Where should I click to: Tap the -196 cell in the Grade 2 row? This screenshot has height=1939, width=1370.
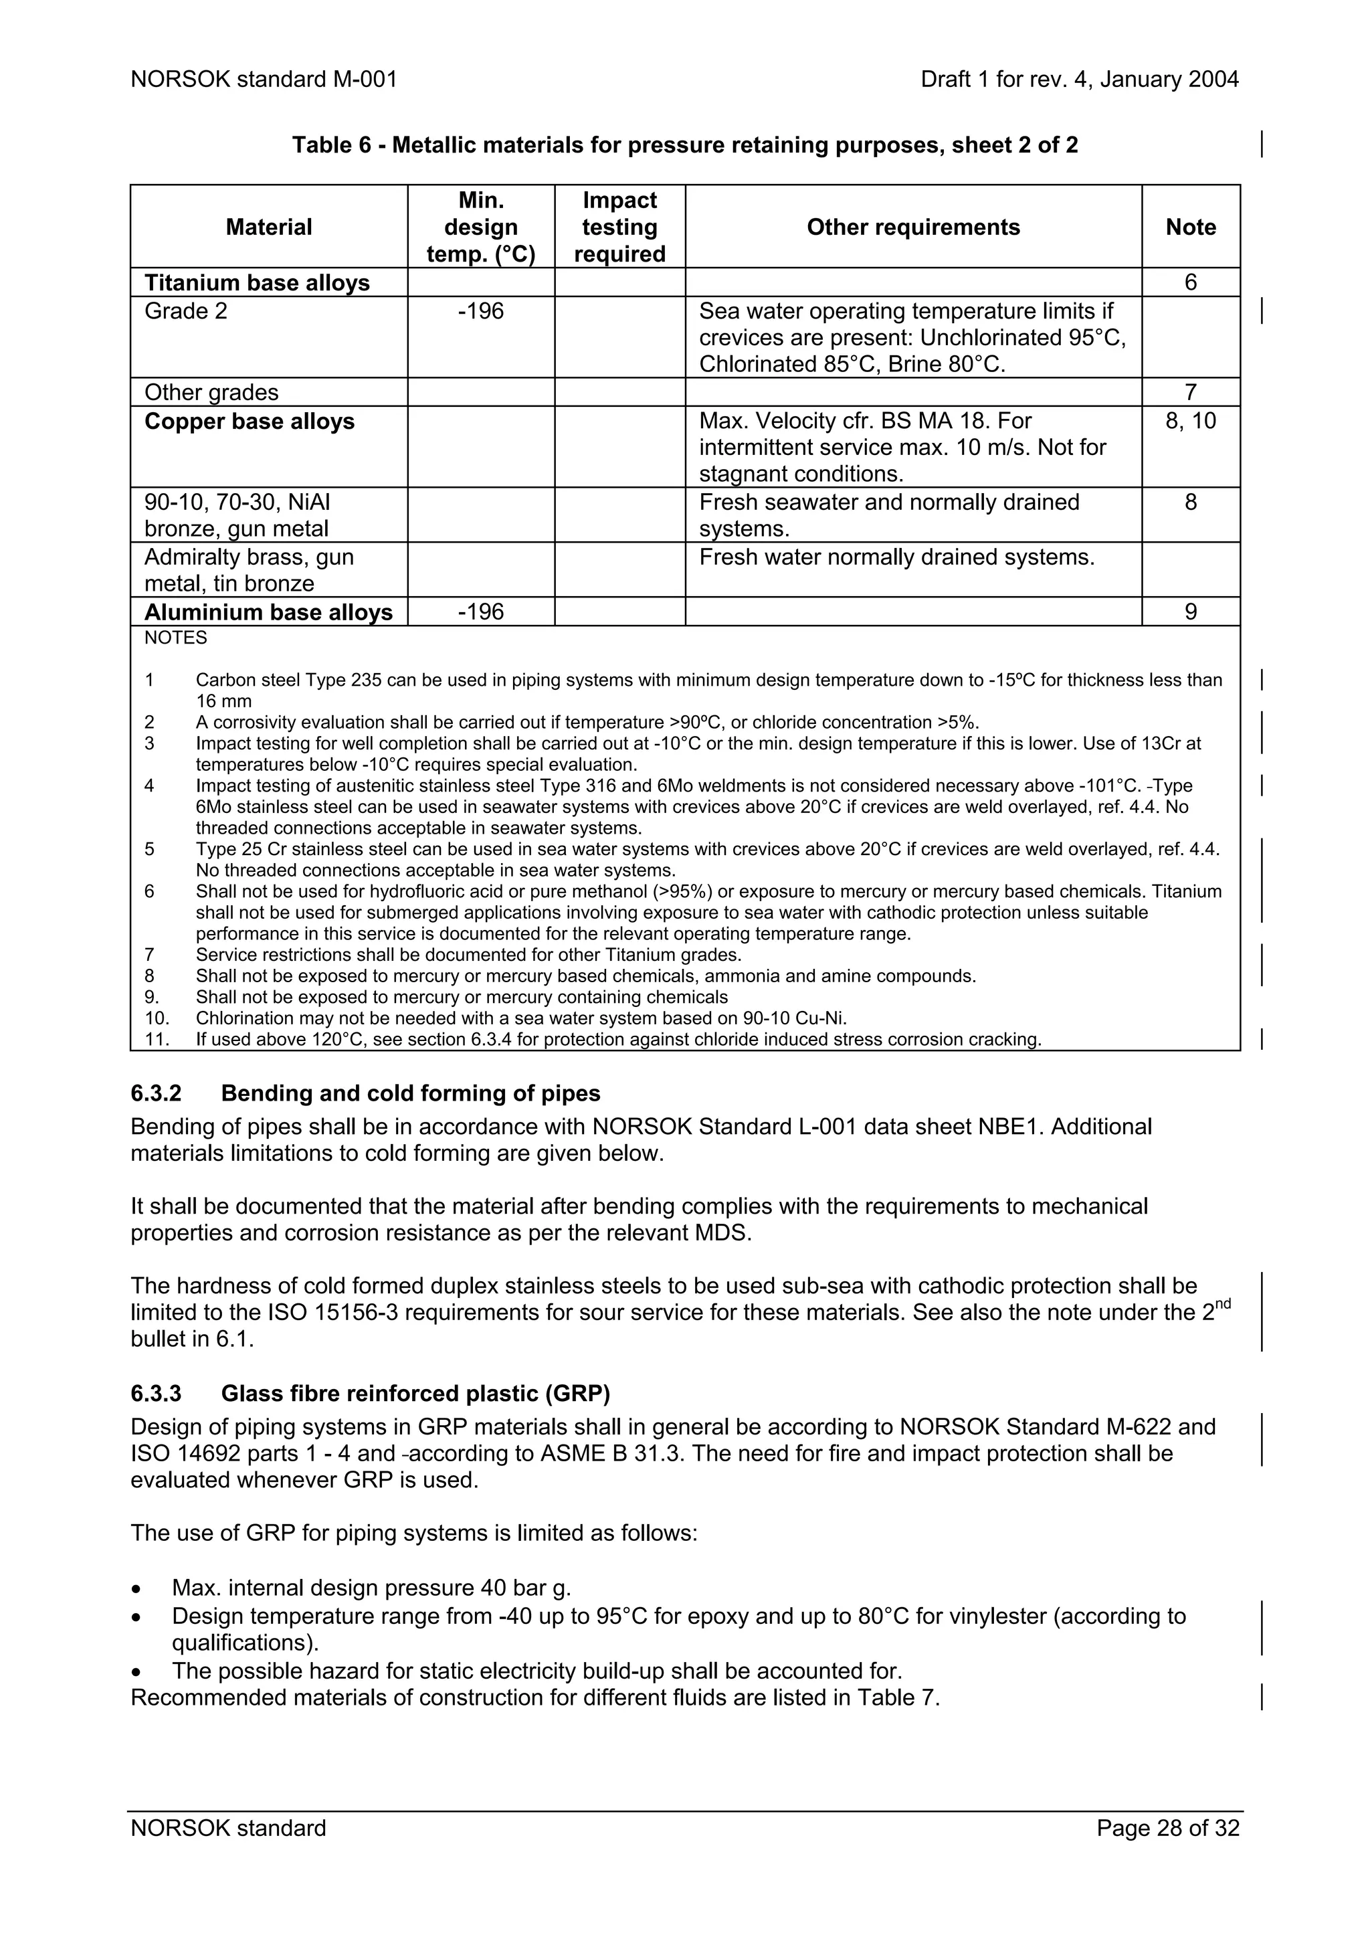tap(480, 310)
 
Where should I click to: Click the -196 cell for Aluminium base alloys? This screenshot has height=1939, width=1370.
tap(480, 612)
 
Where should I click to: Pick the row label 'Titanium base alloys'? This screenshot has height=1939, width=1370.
tap(257, 282)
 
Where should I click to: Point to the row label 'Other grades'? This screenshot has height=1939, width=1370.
tap(211, 392)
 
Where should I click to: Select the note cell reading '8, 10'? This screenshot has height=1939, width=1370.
tap(1190, 421)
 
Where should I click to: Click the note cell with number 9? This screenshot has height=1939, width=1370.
tap(1190, 612)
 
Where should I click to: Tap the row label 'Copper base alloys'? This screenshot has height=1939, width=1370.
tap(249, 422)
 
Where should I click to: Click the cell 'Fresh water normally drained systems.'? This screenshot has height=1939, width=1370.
tap(896, 557)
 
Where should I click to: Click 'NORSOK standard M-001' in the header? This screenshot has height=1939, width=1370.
tap(264, 80)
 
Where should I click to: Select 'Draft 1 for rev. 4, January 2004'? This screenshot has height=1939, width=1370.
tap(1080, 80)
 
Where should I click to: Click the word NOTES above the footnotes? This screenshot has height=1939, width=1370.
tap(175, 638)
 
